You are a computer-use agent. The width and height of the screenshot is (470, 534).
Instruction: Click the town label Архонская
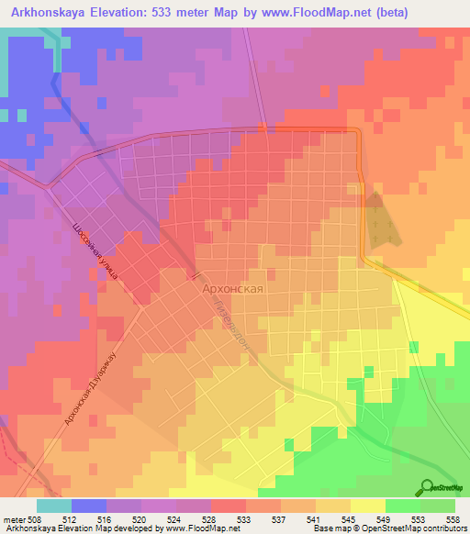[x=233, y=288]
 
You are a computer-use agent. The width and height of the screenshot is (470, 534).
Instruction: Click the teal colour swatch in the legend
[x=54, y=505]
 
